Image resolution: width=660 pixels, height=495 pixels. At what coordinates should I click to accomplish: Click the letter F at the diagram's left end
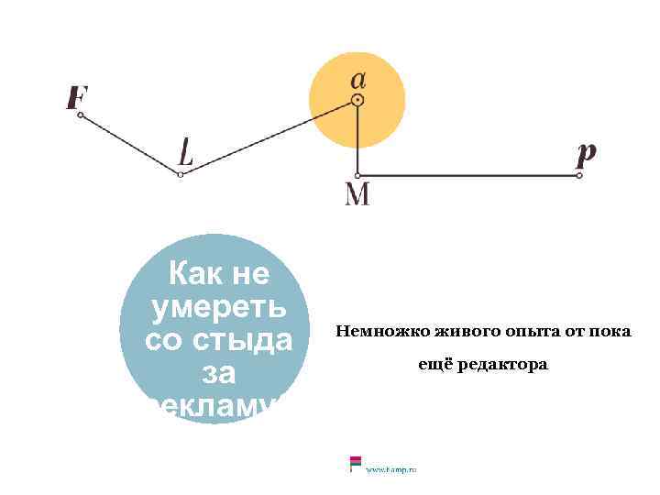[78, 96]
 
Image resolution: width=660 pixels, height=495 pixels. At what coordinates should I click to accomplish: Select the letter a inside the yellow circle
[357, 79]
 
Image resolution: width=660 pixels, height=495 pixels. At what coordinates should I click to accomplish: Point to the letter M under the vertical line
[357, 194]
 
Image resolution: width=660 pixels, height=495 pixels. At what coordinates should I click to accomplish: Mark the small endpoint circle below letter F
[81, 115]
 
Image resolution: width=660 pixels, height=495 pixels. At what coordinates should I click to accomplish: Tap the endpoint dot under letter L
[181, 174]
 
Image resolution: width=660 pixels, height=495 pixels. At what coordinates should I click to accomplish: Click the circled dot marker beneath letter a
[357, 101]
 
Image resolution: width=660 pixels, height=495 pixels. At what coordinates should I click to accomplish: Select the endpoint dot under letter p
[579, 175]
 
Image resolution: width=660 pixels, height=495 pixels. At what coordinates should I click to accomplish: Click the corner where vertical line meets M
[357, 175]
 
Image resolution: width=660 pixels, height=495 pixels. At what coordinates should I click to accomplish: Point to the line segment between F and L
[130, 145]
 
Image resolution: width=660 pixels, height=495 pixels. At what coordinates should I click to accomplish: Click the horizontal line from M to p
[467, 175]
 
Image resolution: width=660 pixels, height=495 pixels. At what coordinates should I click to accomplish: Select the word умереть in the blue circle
[218, 307]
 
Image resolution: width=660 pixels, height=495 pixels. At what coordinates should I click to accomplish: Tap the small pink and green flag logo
[355, 464]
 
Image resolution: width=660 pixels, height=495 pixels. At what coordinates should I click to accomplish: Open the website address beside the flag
[391, 469]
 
